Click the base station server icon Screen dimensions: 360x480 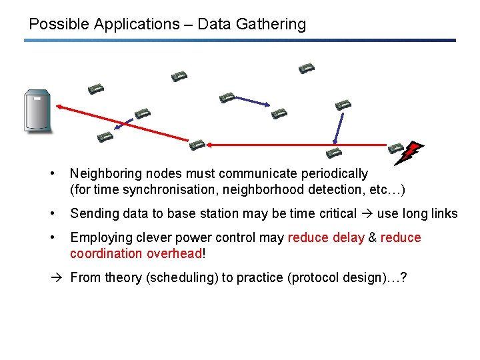(37, 111)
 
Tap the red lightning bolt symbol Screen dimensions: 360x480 (407, 153)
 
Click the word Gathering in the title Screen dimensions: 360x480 (272, 25)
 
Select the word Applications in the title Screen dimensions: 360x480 (137, 25)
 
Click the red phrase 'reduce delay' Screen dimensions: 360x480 (326, 237)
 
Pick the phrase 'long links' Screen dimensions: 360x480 (430, 213)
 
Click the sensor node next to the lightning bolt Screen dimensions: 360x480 (396, 147)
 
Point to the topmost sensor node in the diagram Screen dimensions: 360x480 (306, 68)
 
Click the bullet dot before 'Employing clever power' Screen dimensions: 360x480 (52, 237)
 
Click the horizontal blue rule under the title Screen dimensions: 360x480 (240, 41)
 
